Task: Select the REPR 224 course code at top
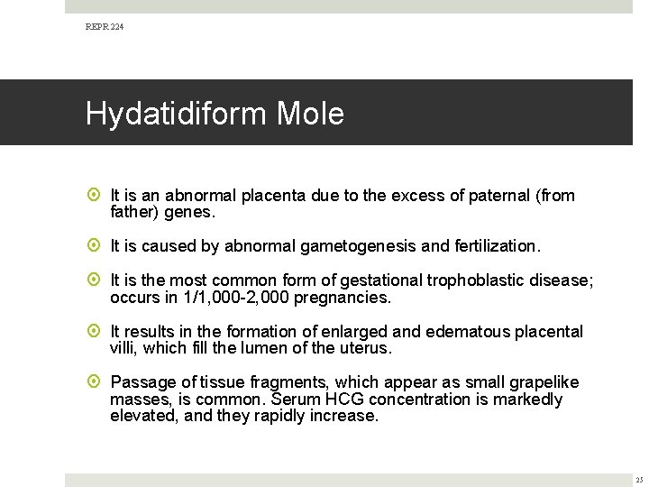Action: [105, 28]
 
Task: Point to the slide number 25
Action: [637, 478]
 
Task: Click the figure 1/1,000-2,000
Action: [224, 297]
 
